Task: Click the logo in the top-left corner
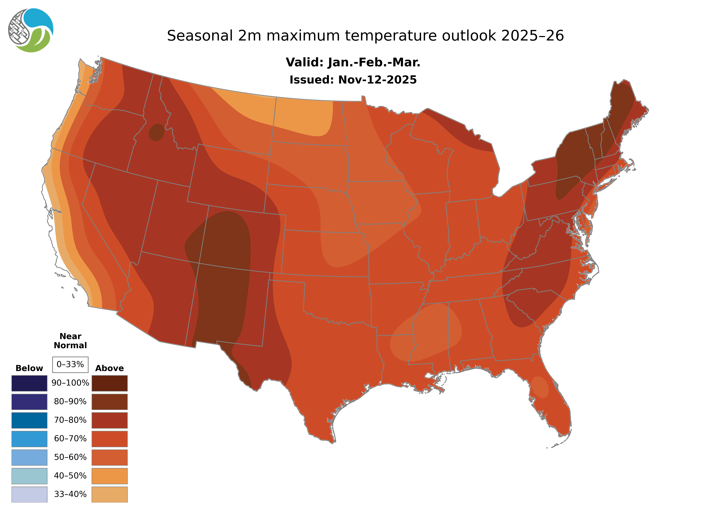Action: point(31,30)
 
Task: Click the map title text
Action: point(365,36)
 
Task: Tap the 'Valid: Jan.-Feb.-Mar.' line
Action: point(353,62)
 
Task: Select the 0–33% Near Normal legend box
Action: point(70,364)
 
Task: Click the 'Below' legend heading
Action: point(29,368)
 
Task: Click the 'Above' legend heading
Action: point(109,368)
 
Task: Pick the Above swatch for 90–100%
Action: point(109,383)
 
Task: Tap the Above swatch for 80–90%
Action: point(109,402)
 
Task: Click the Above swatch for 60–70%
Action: point(109,439)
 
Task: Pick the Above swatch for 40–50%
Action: point(109,476)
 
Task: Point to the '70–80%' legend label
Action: point(70,420)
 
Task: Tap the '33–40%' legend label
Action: point(70,494)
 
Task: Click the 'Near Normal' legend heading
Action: point(70,341)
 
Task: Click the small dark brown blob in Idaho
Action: point(156,132)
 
